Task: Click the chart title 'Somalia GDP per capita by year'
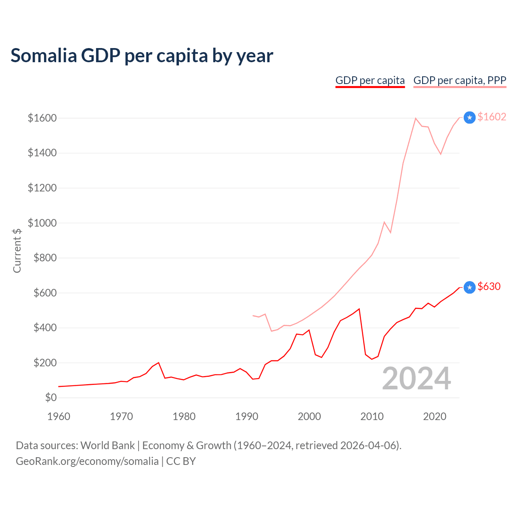coord(142,56)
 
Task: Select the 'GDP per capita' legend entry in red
coord(370,80)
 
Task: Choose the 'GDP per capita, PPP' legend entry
coord(460,80)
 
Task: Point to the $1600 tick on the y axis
coord(42,118)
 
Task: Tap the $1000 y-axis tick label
coord(42,223)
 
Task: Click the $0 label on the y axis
coord(50,397)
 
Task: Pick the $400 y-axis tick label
coord(45,328)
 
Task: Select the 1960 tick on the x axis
coord(59,416)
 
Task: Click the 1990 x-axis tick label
coord(247,416)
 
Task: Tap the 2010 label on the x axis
coord(372,416)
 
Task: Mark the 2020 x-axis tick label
coord(435,416)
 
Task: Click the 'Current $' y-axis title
coord(17,250)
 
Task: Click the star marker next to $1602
coord(469,118)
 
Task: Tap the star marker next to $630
coord(469,287)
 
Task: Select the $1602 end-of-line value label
coord(492,117)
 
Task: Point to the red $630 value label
coord(489,286)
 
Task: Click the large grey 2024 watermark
coord(416,378)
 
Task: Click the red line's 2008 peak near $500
coord(359,309)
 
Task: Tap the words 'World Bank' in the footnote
coord(107,446)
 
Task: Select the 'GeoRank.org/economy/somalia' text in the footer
coord(87,461)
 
